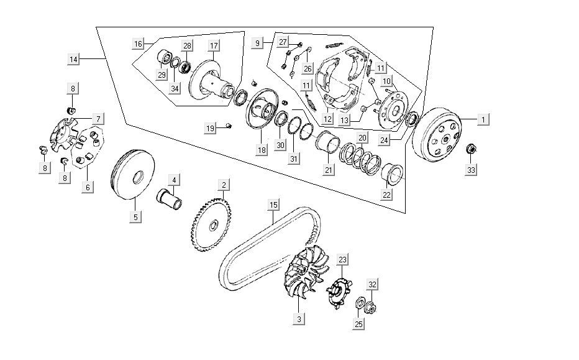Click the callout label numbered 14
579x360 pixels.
tap(73, 59)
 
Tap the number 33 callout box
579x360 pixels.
tap(471, 170)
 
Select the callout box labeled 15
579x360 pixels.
tap(273, 205)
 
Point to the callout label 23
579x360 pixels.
tap(343, 260)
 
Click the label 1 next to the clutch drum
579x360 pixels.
tap(483, 120)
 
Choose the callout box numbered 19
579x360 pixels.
tap(210, 128)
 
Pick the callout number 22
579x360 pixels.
tap(386, 195)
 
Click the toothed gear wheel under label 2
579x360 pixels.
tap(211, 224)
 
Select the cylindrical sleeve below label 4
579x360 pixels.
tap(170, 200)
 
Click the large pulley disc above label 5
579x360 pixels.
tap(132, 175)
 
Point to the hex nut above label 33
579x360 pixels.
tap(471, 149)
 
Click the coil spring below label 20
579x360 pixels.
tap(360, 158)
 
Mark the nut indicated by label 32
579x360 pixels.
tap(371, 307)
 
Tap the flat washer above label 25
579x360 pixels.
tap(359, 304)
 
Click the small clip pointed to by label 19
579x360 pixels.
tap(229, 126)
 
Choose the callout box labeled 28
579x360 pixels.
tap(188, 46)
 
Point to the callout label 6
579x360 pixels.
tap(88, 187)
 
